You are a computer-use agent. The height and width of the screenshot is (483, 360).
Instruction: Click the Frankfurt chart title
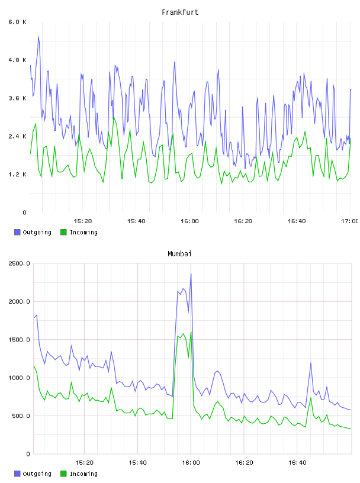[180, 12]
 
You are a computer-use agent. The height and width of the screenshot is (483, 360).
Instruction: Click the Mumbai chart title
[179, 254]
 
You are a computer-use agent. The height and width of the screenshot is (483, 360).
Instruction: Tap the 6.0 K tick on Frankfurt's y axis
[17, 22]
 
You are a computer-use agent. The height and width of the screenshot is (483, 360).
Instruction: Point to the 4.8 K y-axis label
[17, 60]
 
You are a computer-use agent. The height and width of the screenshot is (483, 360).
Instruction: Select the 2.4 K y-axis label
[17, 136]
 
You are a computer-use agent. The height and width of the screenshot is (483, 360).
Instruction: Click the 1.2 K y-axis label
[17, 175]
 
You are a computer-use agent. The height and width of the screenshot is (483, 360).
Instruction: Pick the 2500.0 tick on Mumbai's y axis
[19, 263]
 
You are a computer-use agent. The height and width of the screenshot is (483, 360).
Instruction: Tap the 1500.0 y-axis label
[19, 339]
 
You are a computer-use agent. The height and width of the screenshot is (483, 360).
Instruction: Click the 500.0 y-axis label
[21, 416]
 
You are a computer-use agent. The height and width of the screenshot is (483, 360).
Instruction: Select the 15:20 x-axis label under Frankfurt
[83, 221]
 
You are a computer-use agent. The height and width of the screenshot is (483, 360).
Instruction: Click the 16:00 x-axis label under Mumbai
[191, 463]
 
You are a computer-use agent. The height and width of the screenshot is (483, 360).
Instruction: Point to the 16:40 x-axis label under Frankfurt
[297, 221]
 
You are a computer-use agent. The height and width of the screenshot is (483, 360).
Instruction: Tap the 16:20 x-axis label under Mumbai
[244, 463]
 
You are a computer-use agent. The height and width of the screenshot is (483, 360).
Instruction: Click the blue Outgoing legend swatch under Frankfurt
[17, 232]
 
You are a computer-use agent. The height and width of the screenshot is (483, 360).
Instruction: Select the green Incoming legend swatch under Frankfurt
[63, 232]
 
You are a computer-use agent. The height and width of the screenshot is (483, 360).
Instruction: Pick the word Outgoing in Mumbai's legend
[37, 474]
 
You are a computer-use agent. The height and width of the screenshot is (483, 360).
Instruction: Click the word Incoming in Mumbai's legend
[83, 474]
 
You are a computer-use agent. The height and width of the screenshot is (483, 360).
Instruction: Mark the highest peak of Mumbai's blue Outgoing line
[191, 273]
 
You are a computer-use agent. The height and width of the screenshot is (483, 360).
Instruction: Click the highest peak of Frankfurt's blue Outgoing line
[38, 36]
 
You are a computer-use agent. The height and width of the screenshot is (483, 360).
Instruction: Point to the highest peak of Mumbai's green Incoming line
[191, 331]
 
